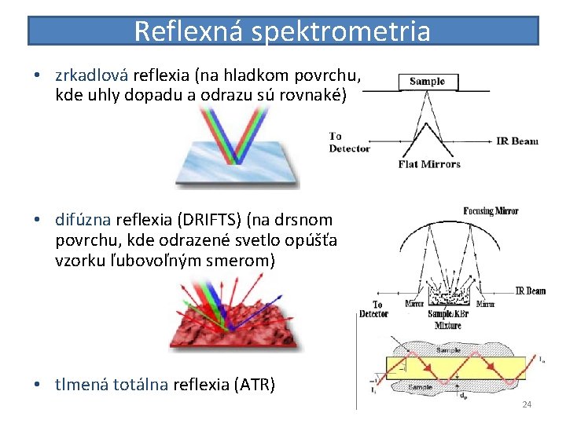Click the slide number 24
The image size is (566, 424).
(x=527, y=404)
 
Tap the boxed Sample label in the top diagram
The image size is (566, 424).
(x=427, y=81)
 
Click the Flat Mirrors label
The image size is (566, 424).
(x=429, y=164)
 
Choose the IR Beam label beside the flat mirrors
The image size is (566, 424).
(x=517, y=141)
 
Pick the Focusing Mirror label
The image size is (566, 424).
(x=491, y=210)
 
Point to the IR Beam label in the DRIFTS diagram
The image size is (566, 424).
(x=531, y=291)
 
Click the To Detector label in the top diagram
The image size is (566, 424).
(x=349, y=142)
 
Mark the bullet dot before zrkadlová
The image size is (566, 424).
(x=37, y=76)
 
